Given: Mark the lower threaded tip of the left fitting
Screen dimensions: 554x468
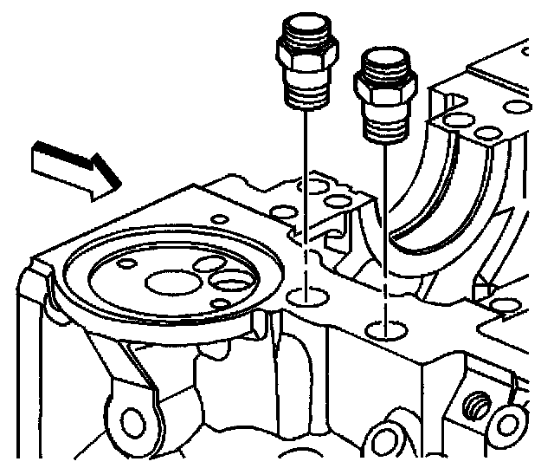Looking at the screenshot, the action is (x=306, y=94).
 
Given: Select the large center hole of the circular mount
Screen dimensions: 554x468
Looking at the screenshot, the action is (x=164, y=282).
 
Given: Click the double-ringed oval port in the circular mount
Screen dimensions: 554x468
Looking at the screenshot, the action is (x=231, y=282).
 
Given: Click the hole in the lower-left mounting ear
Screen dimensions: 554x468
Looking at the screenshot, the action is (x=133, y=423).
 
